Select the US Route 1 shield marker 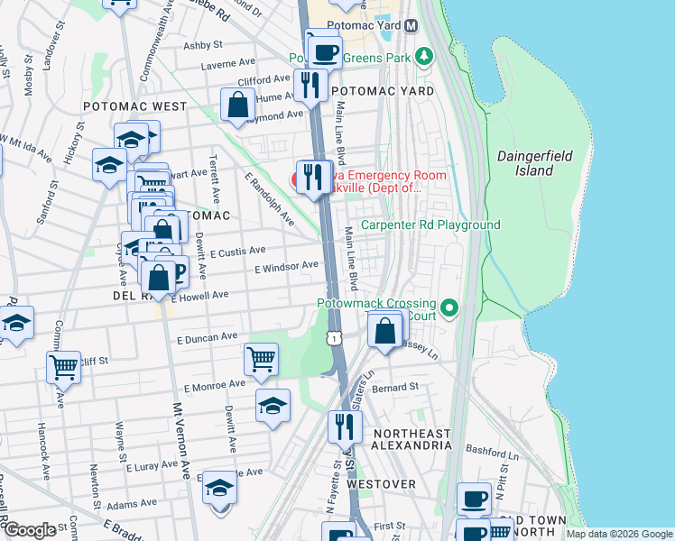coord(335,337)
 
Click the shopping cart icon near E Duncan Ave coord(261,360)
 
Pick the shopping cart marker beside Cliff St coord(63,366)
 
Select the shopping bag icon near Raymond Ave coord(236,104)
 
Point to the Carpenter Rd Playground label coord(430,225)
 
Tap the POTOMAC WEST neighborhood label coord(134,105)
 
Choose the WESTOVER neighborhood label coord(380,484)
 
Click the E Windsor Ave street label coord(287,266)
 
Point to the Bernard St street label coord(395,387)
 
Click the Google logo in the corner coord(30,530)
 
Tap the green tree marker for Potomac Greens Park coord(423,58)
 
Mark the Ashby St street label coord(202,44)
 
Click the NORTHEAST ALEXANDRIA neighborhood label coord(411,439)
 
